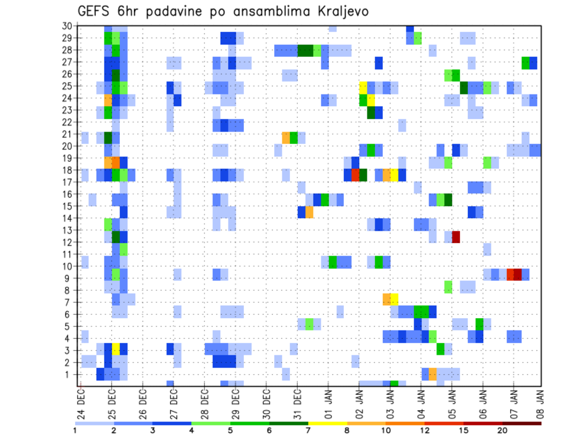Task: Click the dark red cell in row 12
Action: [456, 237]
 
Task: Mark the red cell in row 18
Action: [356, 175]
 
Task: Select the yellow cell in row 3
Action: [116, 349]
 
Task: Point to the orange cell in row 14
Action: [309, 212]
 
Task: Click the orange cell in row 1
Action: [432, 374]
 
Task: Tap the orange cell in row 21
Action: [286, 138]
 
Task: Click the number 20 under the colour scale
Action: [502, 430]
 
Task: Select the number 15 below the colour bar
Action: [463, 430]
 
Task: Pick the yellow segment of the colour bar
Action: [327, 423]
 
